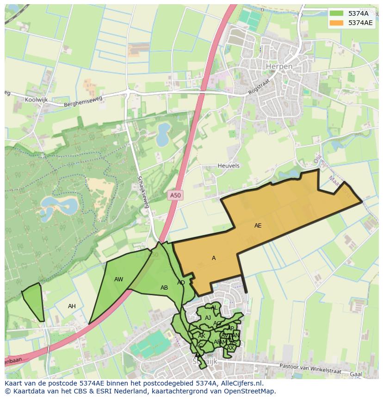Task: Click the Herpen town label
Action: tap(279, 67)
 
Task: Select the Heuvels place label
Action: tap(229, 166)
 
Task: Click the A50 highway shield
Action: tap(175, 196)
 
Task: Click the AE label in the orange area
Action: tap(258, 226)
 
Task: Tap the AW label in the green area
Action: tap(119, 279)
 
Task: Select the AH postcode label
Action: tap(72, 306)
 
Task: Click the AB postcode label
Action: tap(164, 288)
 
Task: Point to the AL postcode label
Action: tap(214, 308)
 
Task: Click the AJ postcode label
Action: tap(208, 318)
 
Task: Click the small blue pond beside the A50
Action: tap(163, 134)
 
